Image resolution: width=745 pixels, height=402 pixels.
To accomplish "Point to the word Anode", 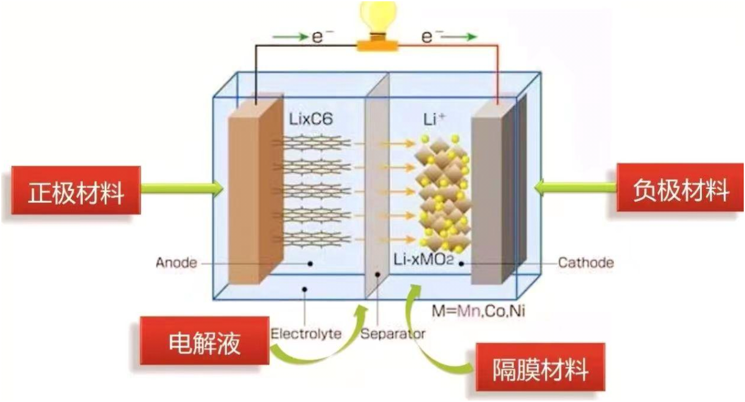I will pos(176,263).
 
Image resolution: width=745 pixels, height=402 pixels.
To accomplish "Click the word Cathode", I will pos(585,263).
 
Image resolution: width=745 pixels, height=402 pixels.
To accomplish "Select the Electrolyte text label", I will pos(305,333).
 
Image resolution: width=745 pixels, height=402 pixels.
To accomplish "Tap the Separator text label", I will pos(393,333).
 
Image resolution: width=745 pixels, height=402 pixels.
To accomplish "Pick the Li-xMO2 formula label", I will pos(424,260).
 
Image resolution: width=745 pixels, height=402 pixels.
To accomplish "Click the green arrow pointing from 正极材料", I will pos(182,187).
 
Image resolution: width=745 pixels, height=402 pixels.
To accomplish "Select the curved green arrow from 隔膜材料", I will pos(426,332).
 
